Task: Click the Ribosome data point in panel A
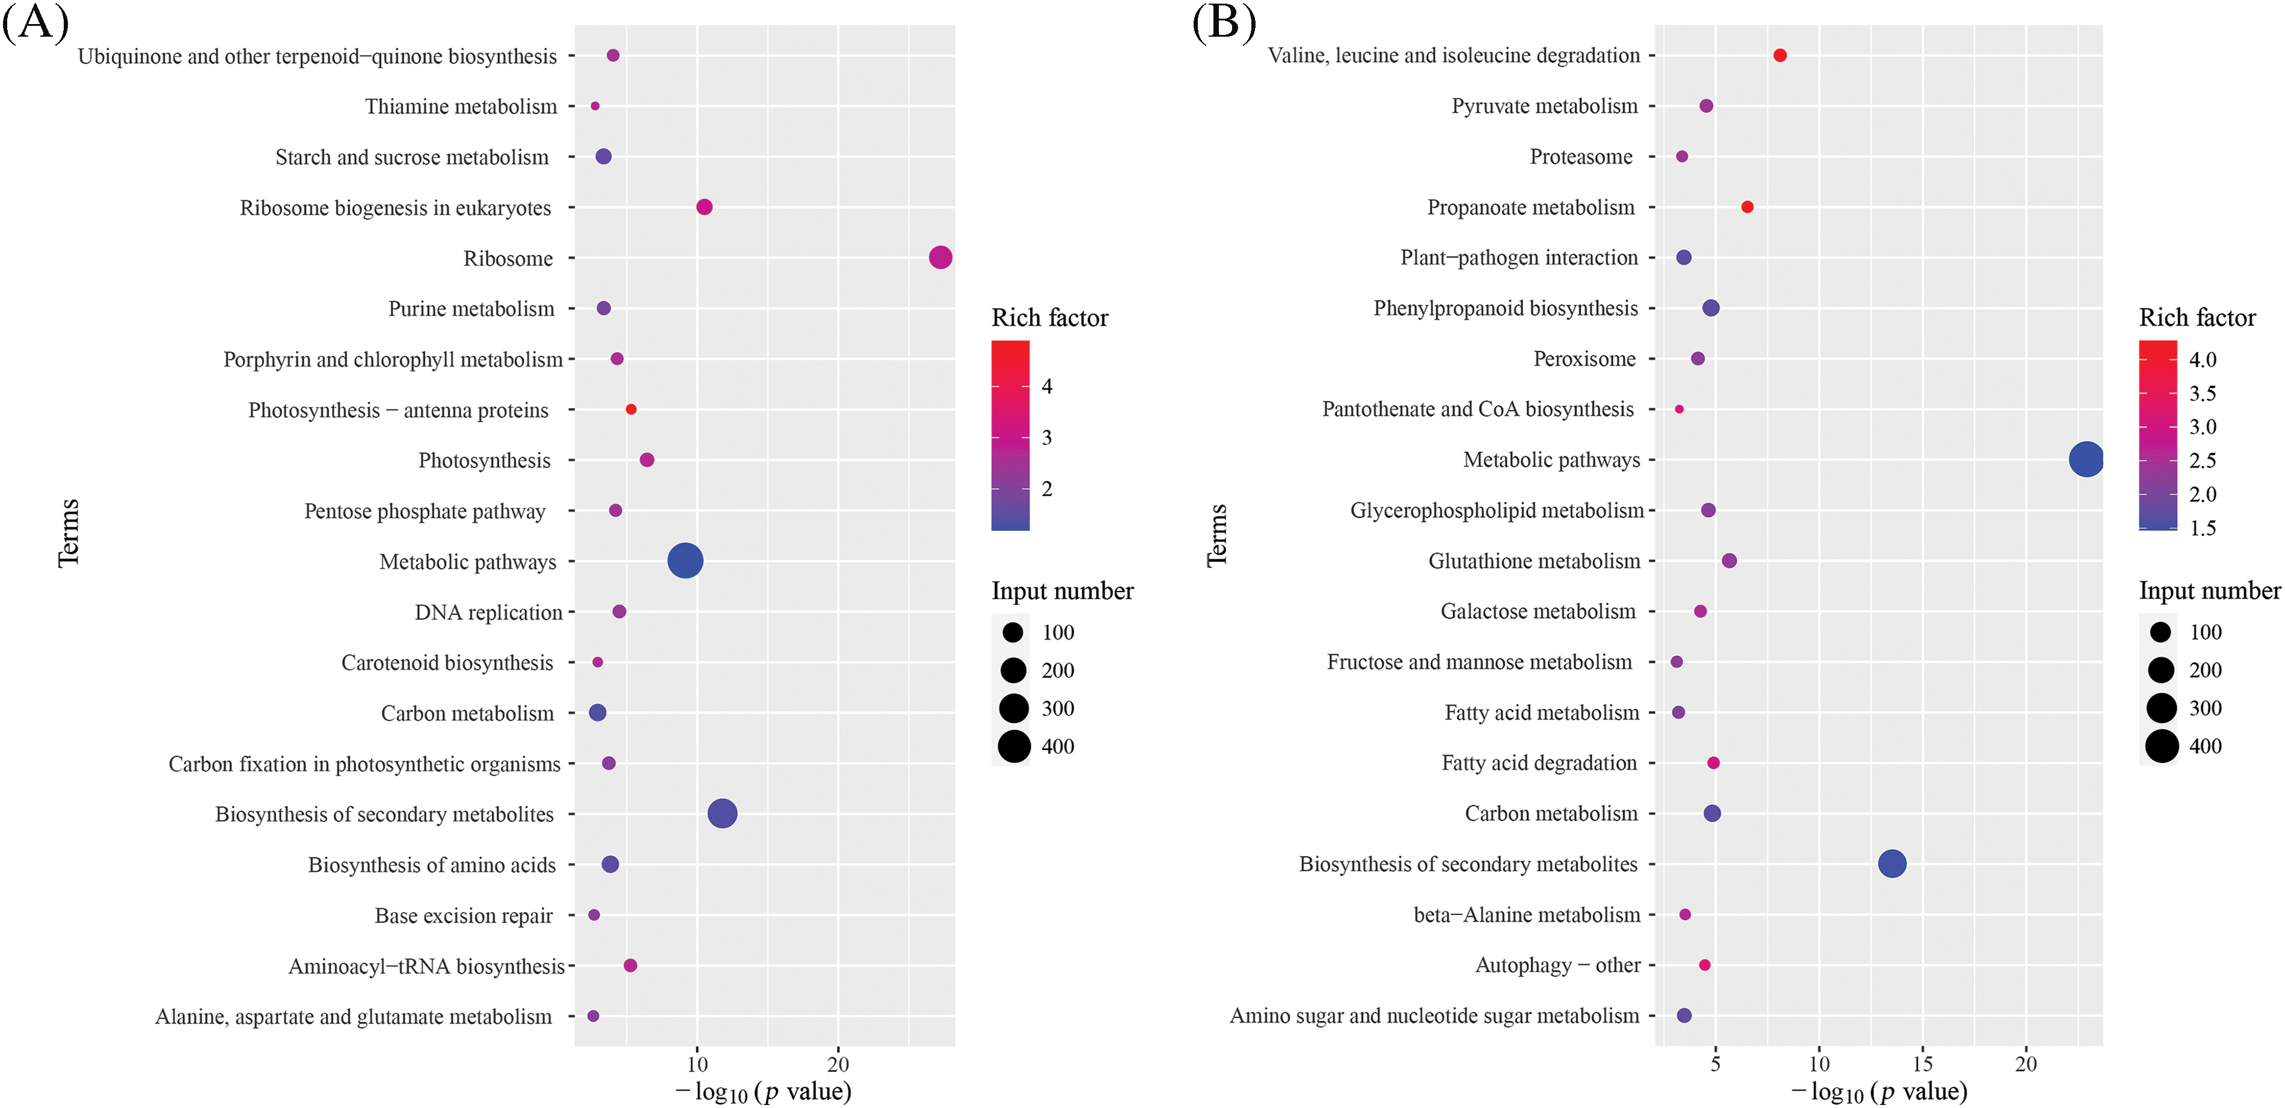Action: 940,257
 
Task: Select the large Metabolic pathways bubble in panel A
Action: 685,561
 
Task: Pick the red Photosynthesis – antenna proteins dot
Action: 631,409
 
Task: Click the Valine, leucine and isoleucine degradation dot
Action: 1779,55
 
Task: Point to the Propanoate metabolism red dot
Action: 1747,207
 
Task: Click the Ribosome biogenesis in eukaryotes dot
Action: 704,207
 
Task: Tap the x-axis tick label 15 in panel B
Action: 1922,1063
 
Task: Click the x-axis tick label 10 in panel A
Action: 697,1064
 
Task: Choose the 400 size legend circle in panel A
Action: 1014,746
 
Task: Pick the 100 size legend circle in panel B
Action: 2161,632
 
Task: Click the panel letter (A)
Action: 35,22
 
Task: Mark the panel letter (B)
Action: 1224,22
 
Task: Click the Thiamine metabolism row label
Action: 461,106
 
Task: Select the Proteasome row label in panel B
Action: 1581,157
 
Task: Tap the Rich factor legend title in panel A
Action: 1049,317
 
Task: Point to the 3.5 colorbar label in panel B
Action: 2203,393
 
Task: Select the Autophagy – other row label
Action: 1557,965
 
